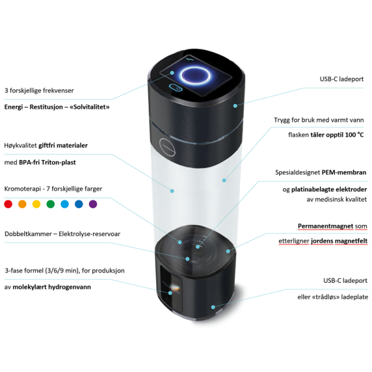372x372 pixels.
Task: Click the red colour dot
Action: pyautogui.click(x=8, y=204)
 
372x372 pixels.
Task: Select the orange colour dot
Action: pyautogui.click(x=22, y=204)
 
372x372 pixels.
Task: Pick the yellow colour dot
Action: pyautogui.click(x=37, y=204)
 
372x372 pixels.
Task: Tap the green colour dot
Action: pyautogui.click(x=51, y=204)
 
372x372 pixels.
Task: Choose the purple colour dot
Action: pyautogui.click(x=93, y=204)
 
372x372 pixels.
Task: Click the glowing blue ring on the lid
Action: pyautogui.click(x=195, y=75)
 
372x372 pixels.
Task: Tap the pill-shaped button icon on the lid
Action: pyautogui.click(x=176, y=87)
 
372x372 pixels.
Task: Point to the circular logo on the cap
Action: pyautogui.click(x=167, y=148)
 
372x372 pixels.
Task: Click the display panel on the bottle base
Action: pyautogui.click(x=171, y=289)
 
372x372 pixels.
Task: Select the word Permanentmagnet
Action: pyautogui.click(x=325, y=226)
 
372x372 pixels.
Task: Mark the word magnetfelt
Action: pyautogui.click(x=351, y=241)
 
